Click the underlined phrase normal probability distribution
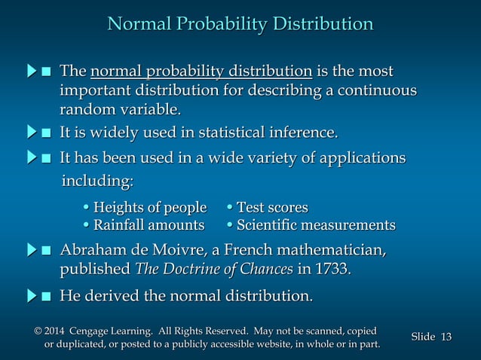[x=201, y=72]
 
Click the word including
[x=97, y=182]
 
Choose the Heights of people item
[x=144, y=207]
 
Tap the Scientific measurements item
[x=311, y=225]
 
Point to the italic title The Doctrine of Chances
[x=213, y=270]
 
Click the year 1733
[x=332, y=270]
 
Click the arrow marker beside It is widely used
[x=31, y=134]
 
